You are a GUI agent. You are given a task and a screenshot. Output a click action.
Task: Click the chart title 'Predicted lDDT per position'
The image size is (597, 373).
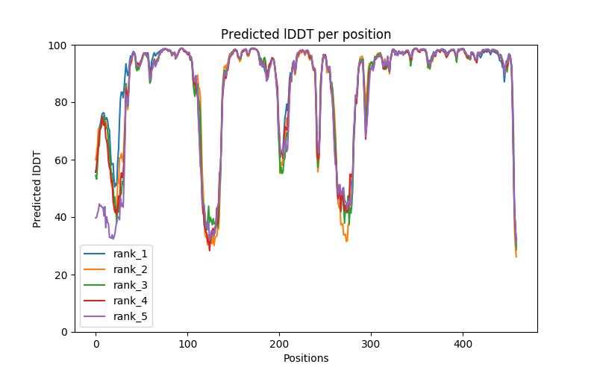(306, 34)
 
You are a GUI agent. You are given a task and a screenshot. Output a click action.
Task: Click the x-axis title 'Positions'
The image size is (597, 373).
(306, 358)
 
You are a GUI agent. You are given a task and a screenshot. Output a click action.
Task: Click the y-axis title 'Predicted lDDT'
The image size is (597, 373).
(37, 188)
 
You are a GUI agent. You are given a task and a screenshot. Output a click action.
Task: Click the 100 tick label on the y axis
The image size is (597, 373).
(59, 46)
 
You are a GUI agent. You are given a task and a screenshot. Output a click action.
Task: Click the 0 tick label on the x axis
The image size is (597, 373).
(96, 343)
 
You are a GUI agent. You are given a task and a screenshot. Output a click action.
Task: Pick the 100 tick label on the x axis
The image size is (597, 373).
(187, 343)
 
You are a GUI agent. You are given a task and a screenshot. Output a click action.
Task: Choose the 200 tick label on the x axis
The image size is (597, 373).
(279, 343)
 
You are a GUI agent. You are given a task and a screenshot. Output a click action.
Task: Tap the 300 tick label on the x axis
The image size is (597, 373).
(371, 343)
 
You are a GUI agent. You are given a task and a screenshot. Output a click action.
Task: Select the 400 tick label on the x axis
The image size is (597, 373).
(463, 343)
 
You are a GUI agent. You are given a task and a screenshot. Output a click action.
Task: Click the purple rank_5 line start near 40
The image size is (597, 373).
(96, 217)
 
